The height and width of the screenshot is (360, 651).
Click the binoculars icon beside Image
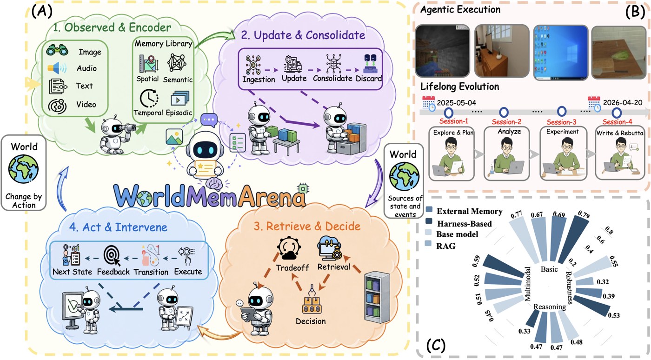(57, 50)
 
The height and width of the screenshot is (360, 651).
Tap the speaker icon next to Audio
(57, 68)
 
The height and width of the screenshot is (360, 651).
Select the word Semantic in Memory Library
(178, 80)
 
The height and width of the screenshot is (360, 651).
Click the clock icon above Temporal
(149, 98)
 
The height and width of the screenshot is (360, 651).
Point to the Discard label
(368, 79)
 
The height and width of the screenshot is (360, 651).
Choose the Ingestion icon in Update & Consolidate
(253, 65)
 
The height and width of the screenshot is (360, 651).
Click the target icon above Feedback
(112, 255)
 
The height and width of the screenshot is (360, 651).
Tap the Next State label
(72, 272)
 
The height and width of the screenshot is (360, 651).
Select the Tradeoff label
(292, 267)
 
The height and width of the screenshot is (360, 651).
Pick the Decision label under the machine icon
(311, 321)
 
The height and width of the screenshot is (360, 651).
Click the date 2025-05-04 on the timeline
(457, 103)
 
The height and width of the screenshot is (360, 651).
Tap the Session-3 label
(562, 122)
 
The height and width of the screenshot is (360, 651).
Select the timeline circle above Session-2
(504, 112)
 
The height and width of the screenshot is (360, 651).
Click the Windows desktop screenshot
(561, 53)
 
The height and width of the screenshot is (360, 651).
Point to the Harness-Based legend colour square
(429, 221)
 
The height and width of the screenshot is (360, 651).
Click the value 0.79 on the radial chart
(584, 214)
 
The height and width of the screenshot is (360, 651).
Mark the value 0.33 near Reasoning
(525, 331)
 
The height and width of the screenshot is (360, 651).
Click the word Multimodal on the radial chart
(527, 284)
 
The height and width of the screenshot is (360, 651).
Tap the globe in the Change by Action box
(23, 169)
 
